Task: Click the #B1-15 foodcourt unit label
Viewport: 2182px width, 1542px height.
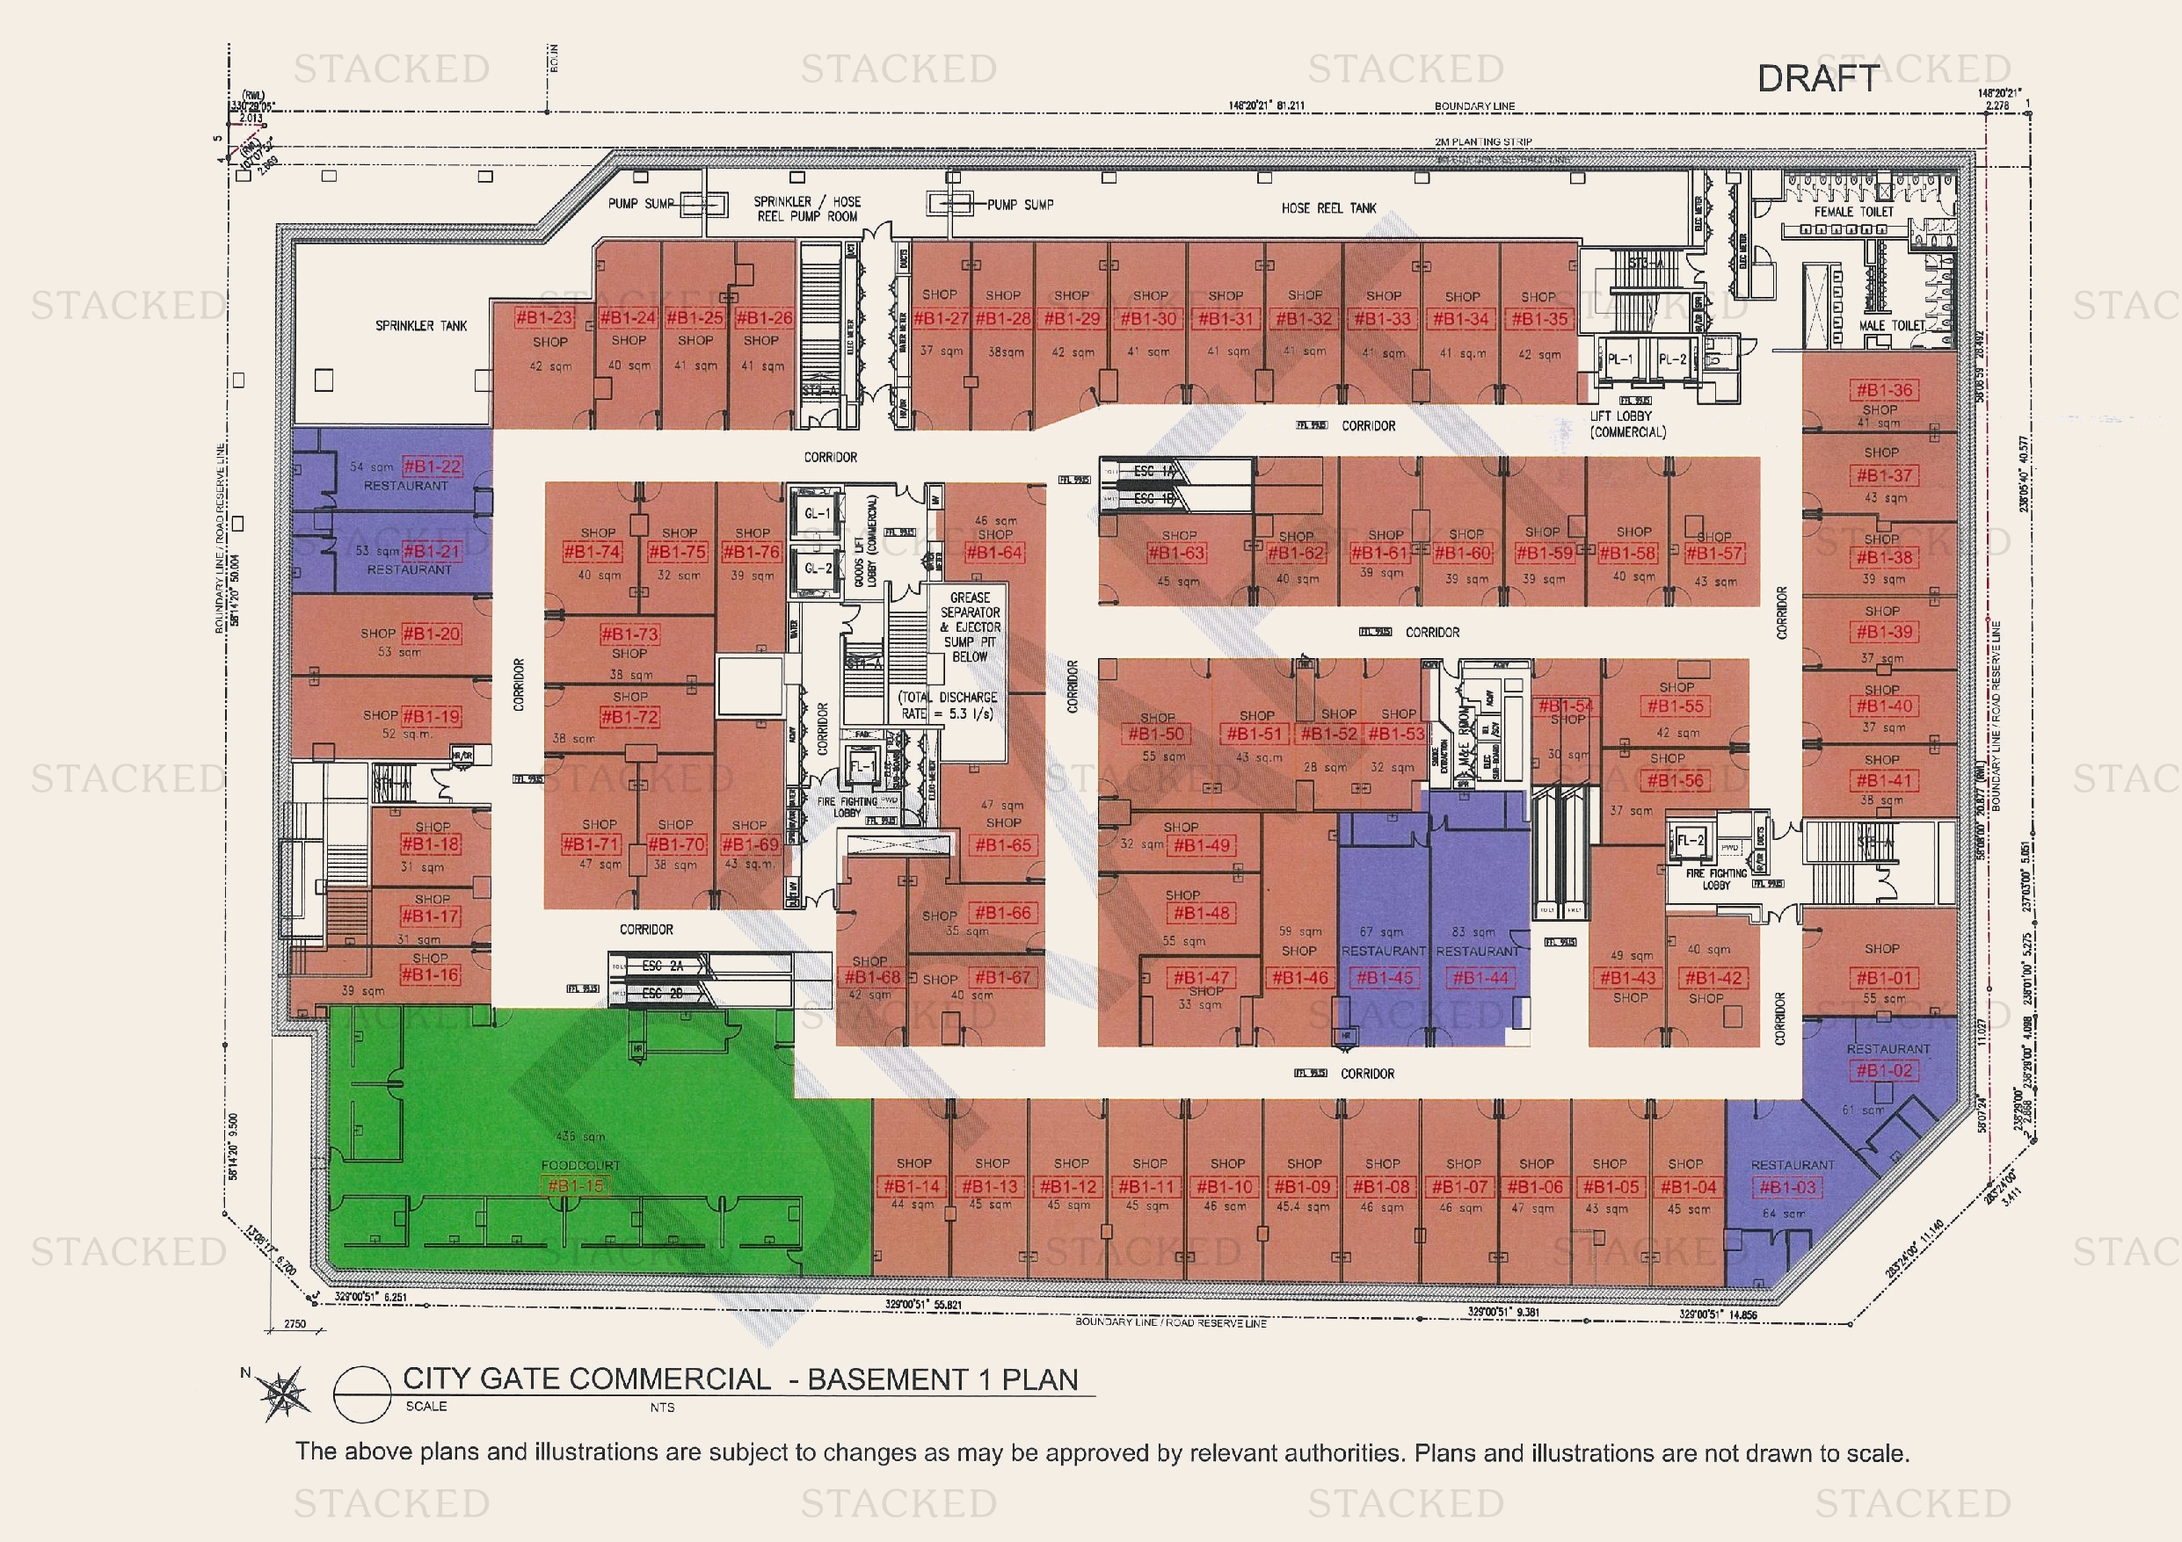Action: [x=576, y=1186]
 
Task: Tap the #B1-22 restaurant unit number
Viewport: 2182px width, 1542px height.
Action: [x=433, y=467]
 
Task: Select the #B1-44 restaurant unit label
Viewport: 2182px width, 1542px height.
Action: [x=1480, y=978]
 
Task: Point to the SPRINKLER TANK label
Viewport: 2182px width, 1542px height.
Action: [x=421, y=326]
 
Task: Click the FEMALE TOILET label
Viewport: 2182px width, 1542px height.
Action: [x=1853, y=212]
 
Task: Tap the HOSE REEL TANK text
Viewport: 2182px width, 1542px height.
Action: [x=1328, y=208]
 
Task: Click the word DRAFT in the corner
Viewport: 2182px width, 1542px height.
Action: [x=1817, y=79]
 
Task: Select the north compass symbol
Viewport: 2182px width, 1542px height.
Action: [x=283, y=1393]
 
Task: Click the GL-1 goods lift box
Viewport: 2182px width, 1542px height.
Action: [x=818, y=514]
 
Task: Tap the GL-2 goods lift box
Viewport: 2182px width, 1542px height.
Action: [x=818, y=568]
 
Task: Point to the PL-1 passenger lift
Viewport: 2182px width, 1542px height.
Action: [x=1620, y=360]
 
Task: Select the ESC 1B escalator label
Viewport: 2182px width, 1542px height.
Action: [x=1153, y=499]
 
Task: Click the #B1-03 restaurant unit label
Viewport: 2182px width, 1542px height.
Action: [x=1786, y=1187]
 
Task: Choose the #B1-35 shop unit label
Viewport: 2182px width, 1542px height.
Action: [x=1539, y=319]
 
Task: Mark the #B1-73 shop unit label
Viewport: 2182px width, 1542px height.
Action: [x=629, y=633]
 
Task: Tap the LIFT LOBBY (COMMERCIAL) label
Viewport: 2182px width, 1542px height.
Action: [x=1628, y=424]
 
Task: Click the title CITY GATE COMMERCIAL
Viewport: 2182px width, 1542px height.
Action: [x=586, y=1379]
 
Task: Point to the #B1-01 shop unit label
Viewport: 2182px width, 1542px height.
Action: [x=1882, y=978]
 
